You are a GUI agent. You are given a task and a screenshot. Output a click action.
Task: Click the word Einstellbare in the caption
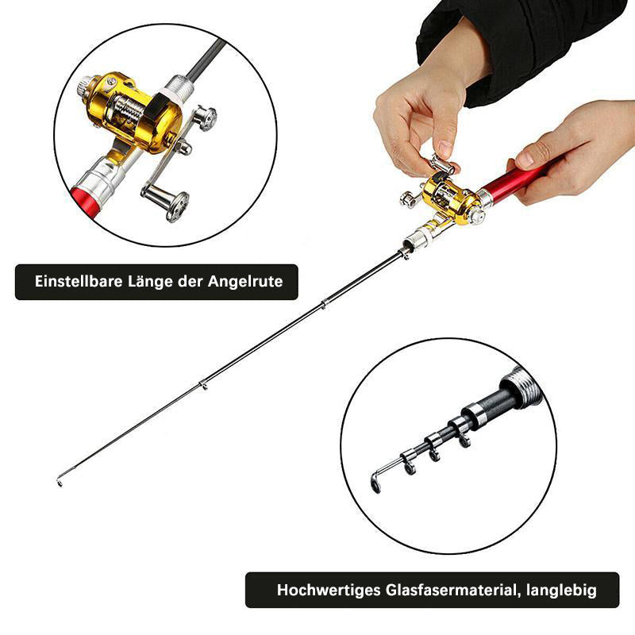[78, 282]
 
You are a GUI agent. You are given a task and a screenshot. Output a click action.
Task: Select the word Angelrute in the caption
[245, 282]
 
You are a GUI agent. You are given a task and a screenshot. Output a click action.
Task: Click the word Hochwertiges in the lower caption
[329, 590]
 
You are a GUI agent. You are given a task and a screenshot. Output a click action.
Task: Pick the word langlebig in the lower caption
[561, 591]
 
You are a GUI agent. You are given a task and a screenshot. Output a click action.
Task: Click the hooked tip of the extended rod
[60, 481]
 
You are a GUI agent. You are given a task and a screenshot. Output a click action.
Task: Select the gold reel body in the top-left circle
[133, 113]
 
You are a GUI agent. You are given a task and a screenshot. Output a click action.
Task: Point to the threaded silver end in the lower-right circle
[521, 385]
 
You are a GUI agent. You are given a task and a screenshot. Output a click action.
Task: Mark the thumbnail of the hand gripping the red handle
[525, 160]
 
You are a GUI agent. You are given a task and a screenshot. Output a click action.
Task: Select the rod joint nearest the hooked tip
[203, 385]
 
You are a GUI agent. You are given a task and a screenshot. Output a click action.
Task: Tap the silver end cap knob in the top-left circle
[86, 88]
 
